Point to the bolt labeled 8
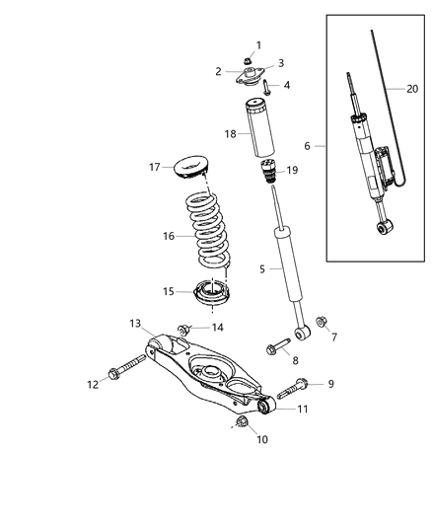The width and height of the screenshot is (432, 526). [x=275, y=345]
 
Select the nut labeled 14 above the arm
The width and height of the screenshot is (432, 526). [x=184, y=328]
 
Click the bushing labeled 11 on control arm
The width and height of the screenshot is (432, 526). [x=264, y=405]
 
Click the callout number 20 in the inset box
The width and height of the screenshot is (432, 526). [x=410, y=87]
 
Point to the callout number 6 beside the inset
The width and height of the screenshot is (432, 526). [x=307, y=145]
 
